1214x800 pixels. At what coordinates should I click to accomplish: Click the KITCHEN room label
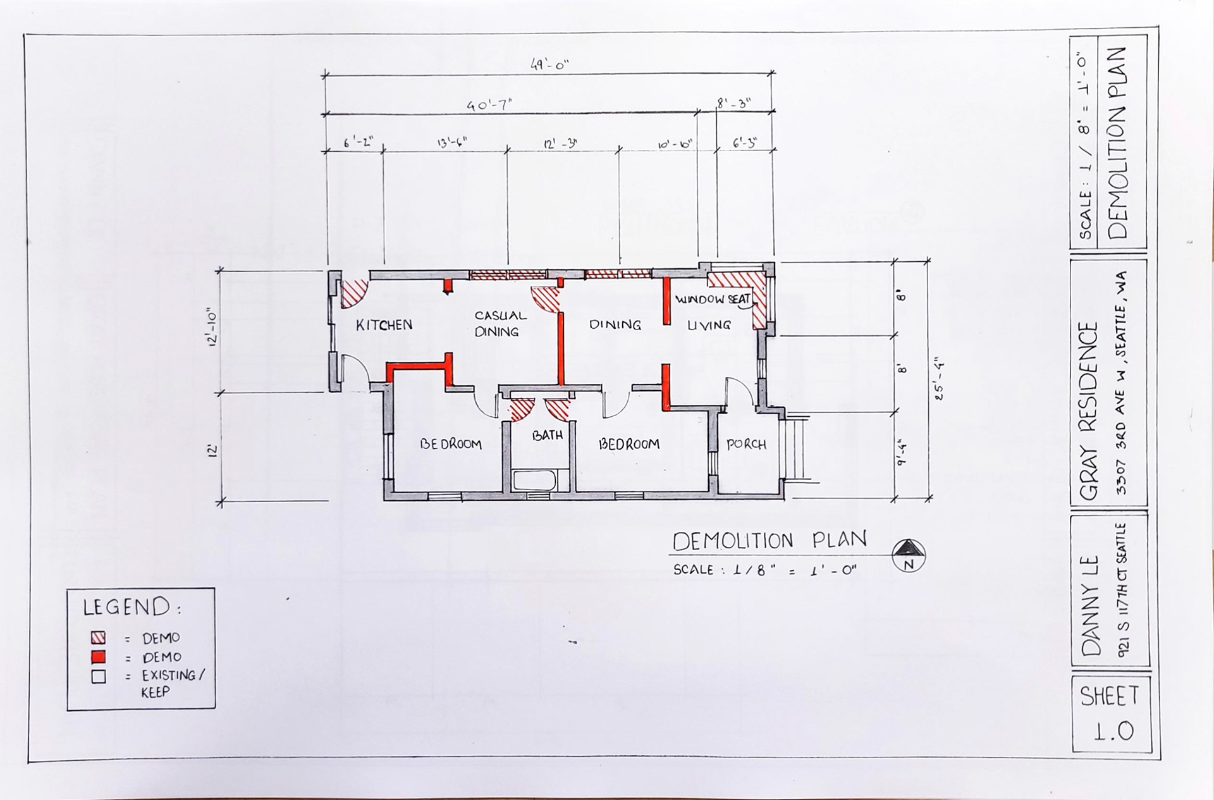[384, 325]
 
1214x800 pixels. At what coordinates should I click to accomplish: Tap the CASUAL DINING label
[500, 323]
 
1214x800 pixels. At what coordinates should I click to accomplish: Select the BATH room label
[547, 435]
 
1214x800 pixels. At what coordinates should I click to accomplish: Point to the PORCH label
[746, 444]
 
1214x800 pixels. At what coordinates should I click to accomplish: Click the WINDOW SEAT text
[713, 299]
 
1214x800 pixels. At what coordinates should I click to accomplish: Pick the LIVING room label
[709, 325]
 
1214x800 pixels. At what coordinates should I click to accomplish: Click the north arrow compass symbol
[909, 555]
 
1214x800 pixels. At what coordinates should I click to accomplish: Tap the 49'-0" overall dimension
[549, 65]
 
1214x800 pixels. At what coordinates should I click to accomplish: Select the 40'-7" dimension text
[489, 105]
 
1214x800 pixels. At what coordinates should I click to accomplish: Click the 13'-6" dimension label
[452, 142]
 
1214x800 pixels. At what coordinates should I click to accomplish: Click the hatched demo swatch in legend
[98, 637]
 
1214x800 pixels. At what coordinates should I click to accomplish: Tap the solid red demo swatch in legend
[98, 656]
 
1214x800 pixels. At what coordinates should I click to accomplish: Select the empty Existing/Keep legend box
[98, 676]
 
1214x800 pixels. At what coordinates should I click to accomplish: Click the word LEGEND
[126, 607]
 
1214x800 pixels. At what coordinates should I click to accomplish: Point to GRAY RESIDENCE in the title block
[1089, 411]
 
